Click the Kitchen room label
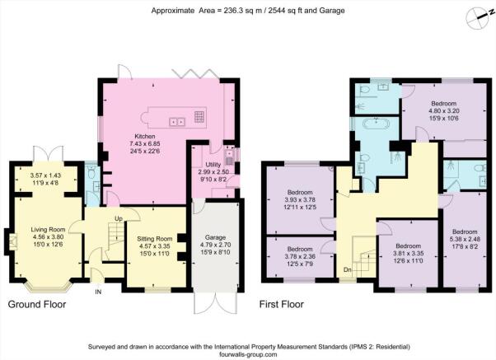145,137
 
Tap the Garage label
215,237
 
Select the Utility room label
213,165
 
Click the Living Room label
48,229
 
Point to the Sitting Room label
155,239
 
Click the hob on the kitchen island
199,117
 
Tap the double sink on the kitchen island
177,122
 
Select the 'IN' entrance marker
98,292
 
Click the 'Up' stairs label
119,219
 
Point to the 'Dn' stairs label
348,270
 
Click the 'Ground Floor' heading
37,304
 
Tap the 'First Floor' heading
282,304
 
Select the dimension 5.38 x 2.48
465,239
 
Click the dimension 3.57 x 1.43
45,175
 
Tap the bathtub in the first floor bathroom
376,124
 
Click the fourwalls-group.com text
248,354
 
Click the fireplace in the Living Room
12,242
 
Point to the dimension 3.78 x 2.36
300,256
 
